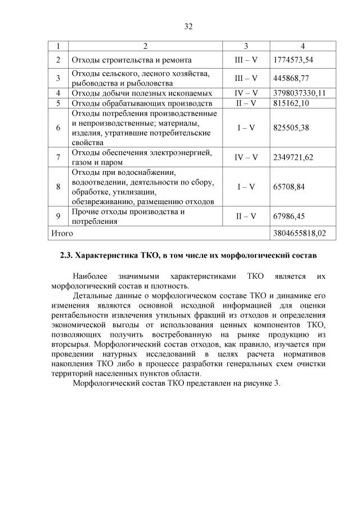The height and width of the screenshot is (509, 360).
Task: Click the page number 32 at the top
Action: point(188,25)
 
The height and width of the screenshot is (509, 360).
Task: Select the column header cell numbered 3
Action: point(246,46)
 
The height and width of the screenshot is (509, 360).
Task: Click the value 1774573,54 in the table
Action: point(292,60)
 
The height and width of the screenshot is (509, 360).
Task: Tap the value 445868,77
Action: point(290,78)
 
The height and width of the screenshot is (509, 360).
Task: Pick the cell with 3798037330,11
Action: point(299,93)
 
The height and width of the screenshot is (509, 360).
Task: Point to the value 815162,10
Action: point(290,103)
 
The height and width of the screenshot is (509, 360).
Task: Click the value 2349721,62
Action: point(292,157)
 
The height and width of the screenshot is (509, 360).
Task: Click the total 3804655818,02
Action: point(299,232)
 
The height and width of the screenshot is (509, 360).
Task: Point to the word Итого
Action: point(62,232)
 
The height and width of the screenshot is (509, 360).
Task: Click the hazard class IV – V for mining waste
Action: point(246,93)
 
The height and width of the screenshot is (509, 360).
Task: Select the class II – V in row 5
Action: point(246,103)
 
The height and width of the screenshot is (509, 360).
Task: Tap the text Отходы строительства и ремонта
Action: point(130,60)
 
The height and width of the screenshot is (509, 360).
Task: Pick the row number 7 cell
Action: point(58,157)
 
